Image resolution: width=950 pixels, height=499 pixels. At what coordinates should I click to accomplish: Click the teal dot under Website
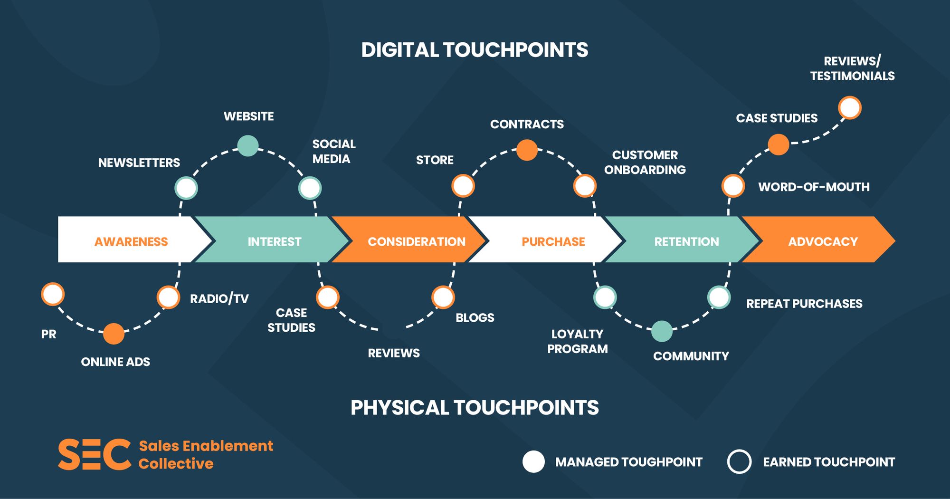click(x=247, y=145)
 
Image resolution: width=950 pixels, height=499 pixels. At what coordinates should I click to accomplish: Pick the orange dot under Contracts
click(x=527, y=150)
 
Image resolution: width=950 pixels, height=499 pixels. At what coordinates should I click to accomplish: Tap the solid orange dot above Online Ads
click(x=114, y=334)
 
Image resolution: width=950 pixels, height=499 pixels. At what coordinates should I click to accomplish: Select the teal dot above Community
click(x=662, y=331)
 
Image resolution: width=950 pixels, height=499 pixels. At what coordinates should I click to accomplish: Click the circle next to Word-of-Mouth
click(x=733, y=186)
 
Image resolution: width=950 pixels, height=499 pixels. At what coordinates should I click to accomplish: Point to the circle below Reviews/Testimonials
click(x=850, y=108)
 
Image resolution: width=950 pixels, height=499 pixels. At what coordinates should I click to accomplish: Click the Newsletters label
click(x=139, y=163)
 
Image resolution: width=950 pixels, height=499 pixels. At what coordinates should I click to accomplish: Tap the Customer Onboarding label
click(x=645, y=162)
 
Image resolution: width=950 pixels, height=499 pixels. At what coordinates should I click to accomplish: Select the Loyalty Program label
click(x=577, y=341)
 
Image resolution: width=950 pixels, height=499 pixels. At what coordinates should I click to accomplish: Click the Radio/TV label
click(x=219, y=298)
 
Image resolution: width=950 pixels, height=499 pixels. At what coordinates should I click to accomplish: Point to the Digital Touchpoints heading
click(x=475, y=50)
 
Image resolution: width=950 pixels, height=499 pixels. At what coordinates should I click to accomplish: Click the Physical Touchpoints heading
click(x=475, y=408)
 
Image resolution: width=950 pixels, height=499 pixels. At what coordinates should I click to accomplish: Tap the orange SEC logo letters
click(x=94, y=455)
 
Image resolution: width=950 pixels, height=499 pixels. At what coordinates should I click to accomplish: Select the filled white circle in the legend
click(x=533, y=461)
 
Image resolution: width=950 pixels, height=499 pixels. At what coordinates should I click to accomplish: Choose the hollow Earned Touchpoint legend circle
click(x=739, y=461)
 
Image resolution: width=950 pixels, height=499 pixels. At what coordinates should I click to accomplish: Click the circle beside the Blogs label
click(x=443, y=297)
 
